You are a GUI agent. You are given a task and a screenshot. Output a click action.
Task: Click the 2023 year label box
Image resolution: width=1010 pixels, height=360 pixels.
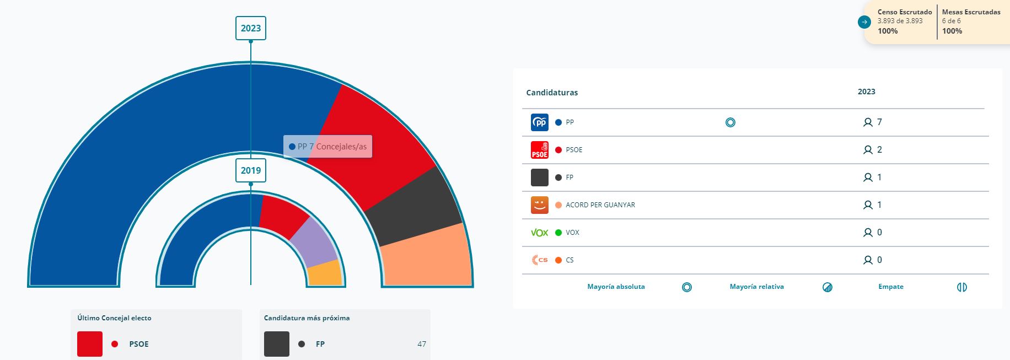pos(251,28)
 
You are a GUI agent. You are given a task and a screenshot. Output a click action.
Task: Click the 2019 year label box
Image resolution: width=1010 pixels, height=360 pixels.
pos(251,170)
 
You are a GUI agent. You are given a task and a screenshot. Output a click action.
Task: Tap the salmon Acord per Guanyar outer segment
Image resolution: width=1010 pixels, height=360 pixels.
pos(427,256)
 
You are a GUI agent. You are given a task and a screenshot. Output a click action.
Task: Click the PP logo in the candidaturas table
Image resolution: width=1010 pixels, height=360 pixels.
pos(540,122)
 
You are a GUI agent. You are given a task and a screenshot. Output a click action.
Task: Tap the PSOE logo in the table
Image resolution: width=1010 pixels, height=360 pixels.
pos(540,150)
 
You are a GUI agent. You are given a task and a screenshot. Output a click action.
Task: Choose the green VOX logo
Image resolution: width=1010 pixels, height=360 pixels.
pos(540,233)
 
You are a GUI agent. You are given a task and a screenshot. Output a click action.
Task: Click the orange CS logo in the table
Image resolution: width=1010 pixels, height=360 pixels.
pos(540,260)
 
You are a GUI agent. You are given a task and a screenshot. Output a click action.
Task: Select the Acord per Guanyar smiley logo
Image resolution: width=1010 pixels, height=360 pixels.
pos(540,205)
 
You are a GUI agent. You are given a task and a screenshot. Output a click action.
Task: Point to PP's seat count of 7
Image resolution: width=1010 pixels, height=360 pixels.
pos(879,122)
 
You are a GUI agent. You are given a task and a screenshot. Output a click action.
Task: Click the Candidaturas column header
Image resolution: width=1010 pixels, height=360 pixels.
pos(552,93)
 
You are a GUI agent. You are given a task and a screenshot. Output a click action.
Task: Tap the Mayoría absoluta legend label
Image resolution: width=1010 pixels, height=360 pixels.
pos(616,287)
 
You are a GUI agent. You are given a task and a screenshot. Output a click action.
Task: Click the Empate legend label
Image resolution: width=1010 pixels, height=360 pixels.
pos(891,287)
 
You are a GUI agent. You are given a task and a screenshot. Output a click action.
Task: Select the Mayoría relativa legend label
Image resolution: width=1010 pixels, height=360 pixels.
pos(756,287)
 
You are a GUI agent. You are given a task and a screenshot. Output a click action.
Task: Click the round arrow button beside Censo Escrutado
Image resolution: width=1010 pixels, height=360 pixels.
pos(864,22)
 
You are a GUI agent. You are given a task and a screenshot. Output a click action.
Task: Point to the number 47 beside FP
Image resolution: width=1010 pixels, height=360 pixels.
pos(422,344)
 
